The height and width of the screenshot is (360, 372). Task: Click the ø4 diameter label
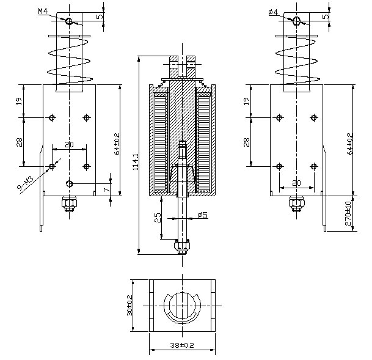273,12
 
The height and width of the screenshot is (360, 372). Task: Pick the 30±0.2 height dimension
129,305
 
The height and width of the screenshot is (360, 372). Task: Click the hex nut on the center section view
181,247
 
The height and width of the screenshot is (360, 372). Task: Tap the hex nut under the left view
68,204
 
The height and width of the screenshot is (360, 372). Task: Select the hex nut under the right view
297,204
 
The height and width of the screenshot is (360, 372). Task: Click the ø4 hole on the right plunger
297,21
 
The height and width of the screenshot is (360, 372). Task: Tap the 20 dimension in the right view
297,183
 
